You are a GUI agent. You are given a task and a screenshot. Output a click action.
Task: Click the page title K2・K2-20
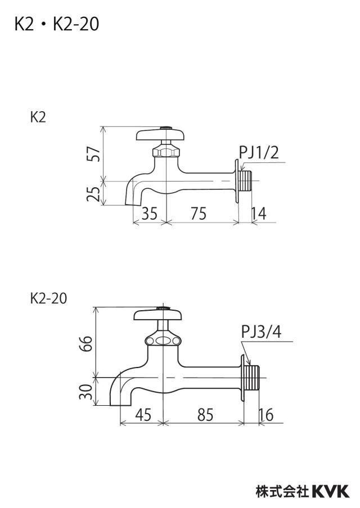click(57, 24)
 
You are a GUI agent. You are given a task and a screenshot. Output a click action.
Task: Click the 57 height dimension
click(94, 154)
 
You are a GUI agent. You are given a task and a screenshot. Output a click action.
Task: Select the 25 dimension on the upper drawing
click(94, 194)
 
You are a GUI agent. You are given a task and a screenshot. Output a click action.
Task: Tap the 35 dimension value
click(150, 213)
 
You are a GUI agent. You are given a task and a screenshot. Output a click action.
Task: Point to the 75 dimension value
click(199, 213)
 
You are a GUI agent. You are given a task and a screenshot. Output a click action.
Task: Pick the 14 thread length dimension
click(259, 213)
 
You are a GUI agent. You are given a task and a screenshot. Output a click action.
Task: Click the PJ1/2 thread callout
click(259, 152)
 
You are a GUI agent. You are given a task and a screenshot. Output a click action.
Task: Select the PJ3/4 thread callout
click(262, 332)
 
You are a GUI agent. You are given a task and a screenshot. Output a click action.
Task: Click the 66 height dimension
click(86, 344)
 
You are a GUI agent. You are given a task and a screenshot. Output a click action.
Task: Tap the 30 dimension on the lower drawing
click(86, 392)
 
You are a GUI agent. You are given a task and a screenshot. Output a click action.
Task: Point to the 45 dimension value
click(143, 415)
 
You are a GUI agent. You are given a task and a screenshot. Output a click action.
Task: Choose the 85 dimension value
click(205, 415)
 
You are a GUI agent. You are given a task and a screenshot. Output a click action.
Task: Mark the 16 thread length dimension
click(266, 415)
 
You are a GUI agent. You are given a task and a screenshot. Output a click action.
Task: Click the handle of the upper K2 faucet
click(160, 134)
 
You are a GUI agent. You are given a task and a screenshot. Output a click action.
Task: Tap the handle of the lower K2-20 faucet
click(157, 314)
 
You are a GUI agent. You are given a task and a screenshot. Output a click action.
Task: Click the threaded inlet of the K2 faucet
click(245, 181)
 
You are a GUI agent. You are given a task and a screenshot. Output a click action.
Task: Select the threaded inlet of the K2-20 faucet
click(251, 378)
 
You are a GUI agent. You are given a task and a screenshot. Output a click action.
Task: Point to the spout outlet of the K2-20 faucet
click(120, 403)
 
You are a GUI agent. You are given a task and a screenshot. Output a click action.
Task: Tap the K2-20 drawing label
click(48, 298)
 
